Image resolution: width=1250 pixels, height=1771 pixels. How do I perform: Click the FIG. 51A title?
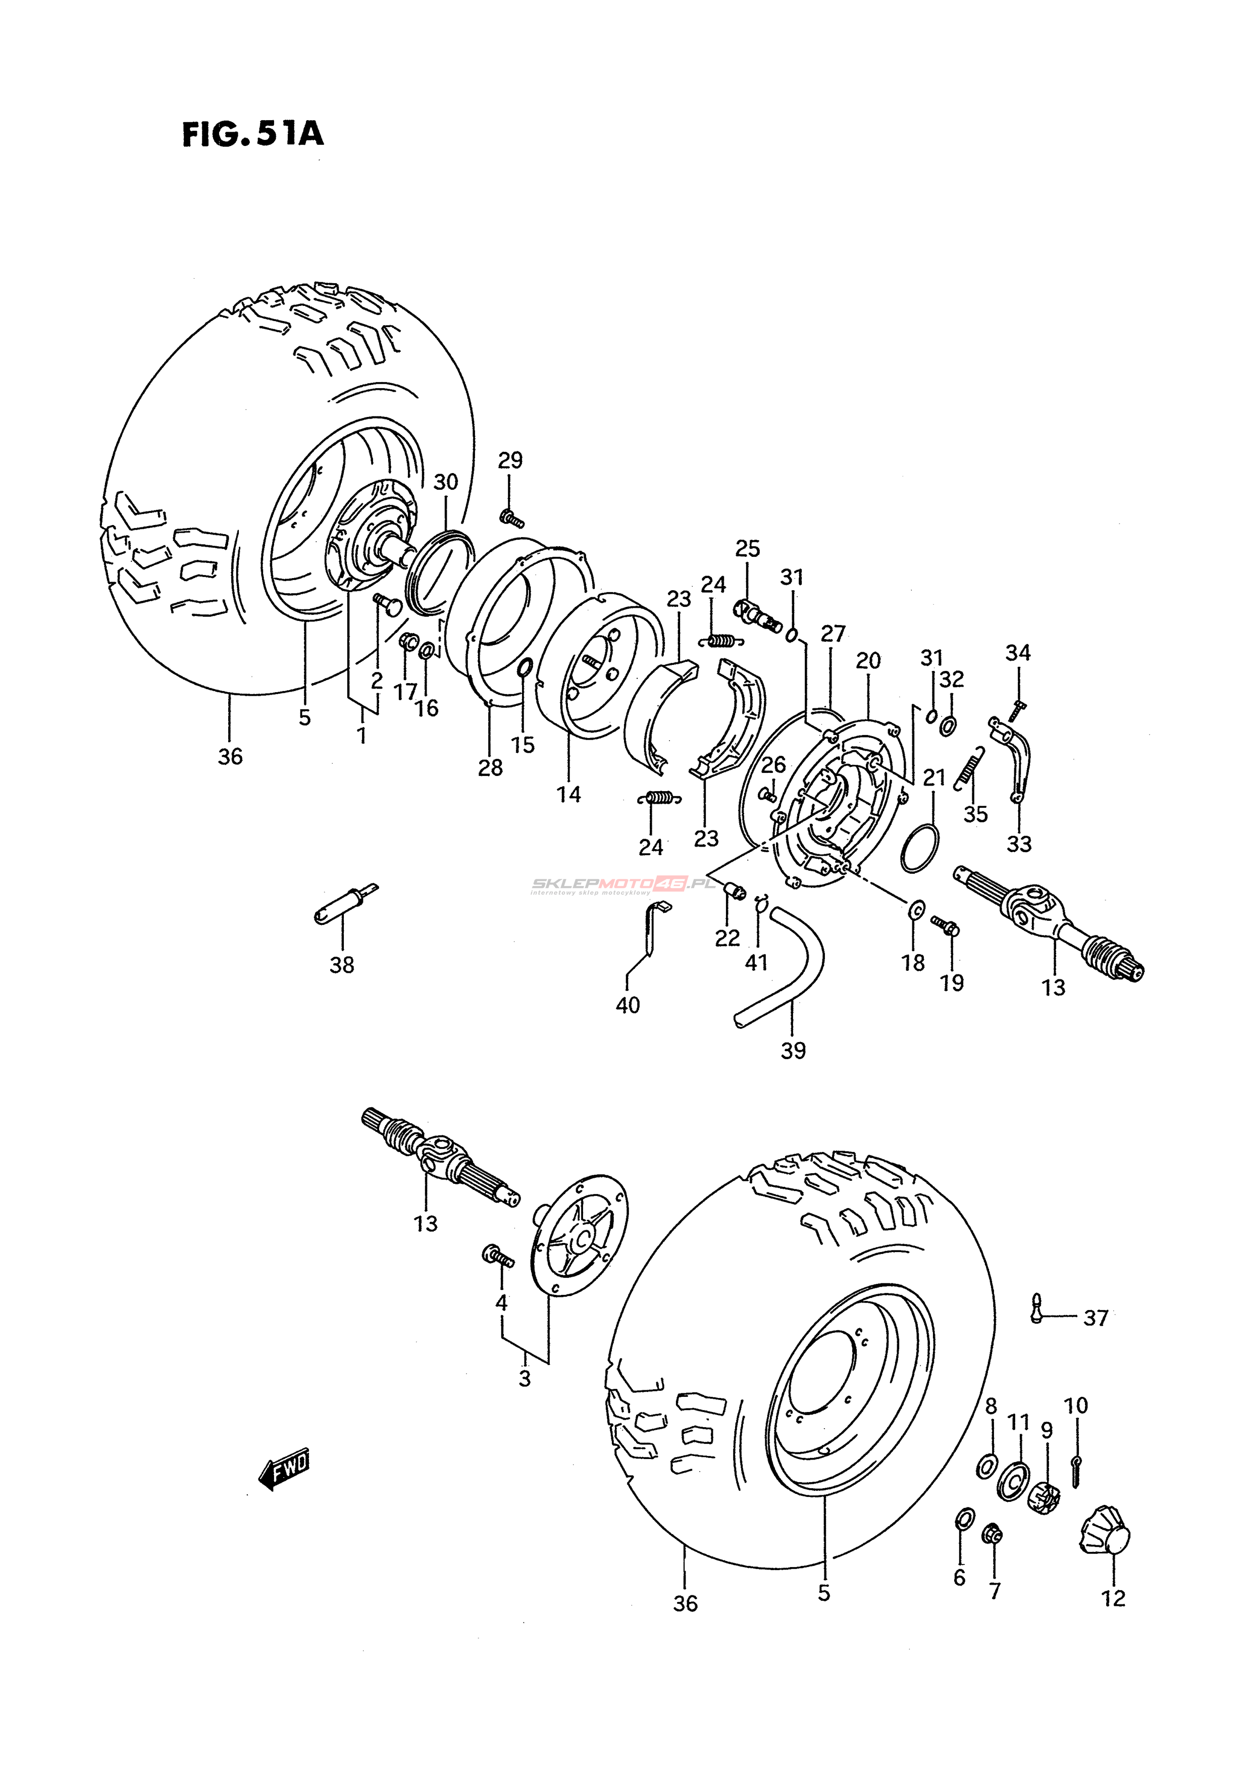[252, 134]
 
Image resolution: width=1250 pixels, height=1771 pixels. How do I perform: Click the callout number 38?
[342, 964]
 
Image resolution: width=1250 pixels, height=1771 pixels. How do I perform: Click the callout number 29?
[510, 460]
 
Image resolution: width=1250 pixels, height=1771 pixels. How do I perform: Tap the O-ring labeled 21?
[920, 849]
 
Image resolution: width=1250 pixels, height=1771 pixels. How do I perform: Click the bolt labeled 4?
[498, 1257]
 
